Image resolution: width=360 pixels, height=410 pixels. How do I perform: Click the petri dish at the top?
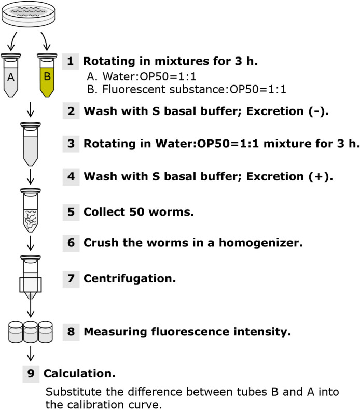[x=29, y=14]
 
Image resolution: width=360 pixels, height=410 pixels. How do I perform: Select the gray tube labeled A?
[x=11, y=75]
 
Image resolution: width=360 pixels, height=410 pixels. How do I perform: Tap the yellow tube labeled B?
[x=47, y=75]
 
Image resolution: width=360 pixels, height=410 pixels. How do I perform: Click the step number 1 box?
[x=71, y=62]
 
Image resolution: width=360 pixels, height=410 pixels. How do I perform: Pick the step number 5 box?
[x=71, y=212]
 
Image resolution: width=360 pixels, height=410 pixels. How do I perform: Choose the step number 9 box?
[x=31, y=374]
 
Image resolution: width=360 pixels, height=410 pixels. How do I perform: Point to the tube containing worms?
[x=31, y=210]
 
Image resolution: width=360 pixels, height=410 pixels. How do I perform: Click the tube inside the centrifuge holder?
[x=31, y=277]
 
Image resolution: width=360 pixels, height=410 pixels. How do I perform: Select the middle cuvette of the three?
[x=31, y=332]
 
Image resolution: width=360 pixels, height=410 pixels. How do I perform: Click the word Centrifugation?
[x=130, y=279]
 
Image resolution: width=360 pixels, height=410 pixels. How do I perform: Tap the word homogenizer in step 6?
[x=260, y=243]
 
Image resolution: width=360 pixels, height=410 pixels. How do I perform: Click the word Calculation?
[x=79, y=374]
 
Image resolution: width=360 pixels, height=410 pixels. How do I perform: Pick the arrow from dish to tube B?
[x=46, y=41]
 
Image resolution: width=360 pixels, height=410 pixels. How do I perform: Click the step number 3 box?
[x=71, y=144]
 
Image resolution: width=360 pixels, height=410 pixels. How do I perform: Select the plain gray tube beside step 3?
[x=31, y=144]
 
